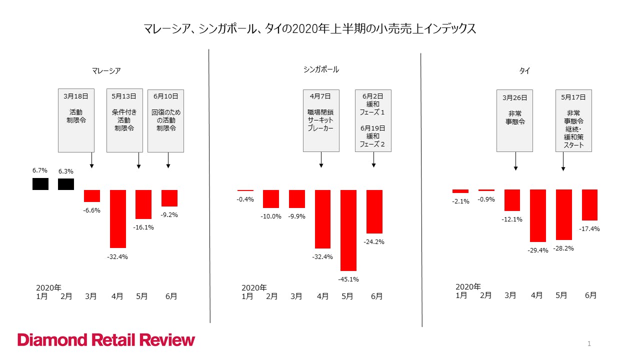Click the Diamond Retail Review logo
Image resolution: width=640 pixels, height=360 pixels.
106,340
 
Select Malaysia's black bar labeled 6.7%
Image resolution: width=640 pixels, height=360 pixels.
40,184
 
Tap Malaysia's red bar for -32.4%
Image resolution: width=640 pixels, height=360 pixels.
118,218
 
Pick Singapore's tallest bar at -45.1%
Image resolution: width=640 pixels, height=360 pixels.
348,230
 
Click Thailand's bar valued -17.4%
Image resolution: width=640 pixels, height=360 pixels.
590,205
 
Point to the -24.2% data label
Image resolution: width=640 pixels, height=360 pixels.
374,241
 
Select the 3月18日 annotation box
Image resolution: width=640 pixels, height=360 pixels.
76,120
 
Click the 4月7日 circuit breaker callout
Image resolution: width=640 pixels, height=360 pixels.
321,120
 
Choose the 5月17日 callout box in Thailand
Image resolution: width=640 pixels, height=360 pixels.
573,120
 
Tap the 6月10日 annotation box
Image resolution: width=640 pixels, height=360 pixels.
166,120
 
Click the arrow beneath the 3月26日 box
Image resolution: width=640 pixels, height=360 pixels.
515,161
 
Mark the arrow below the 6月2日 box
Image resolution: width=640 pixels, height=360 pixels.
373,159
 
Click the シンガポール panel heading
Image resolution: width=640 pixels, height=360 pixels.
321,69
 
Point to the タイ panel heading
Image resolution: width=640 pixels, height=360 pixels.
524,71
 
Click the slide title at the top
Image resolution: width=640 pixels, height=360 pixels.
309,29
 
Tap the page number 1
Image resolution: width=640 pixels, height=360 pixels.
589,343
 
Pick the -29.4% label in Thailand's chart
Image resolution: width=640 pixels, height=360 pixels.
538,250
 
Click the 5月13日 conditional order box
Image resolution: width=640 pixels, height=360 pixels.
124,120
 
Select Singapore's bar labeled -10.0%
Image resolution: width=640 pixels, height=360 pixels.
271,198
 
